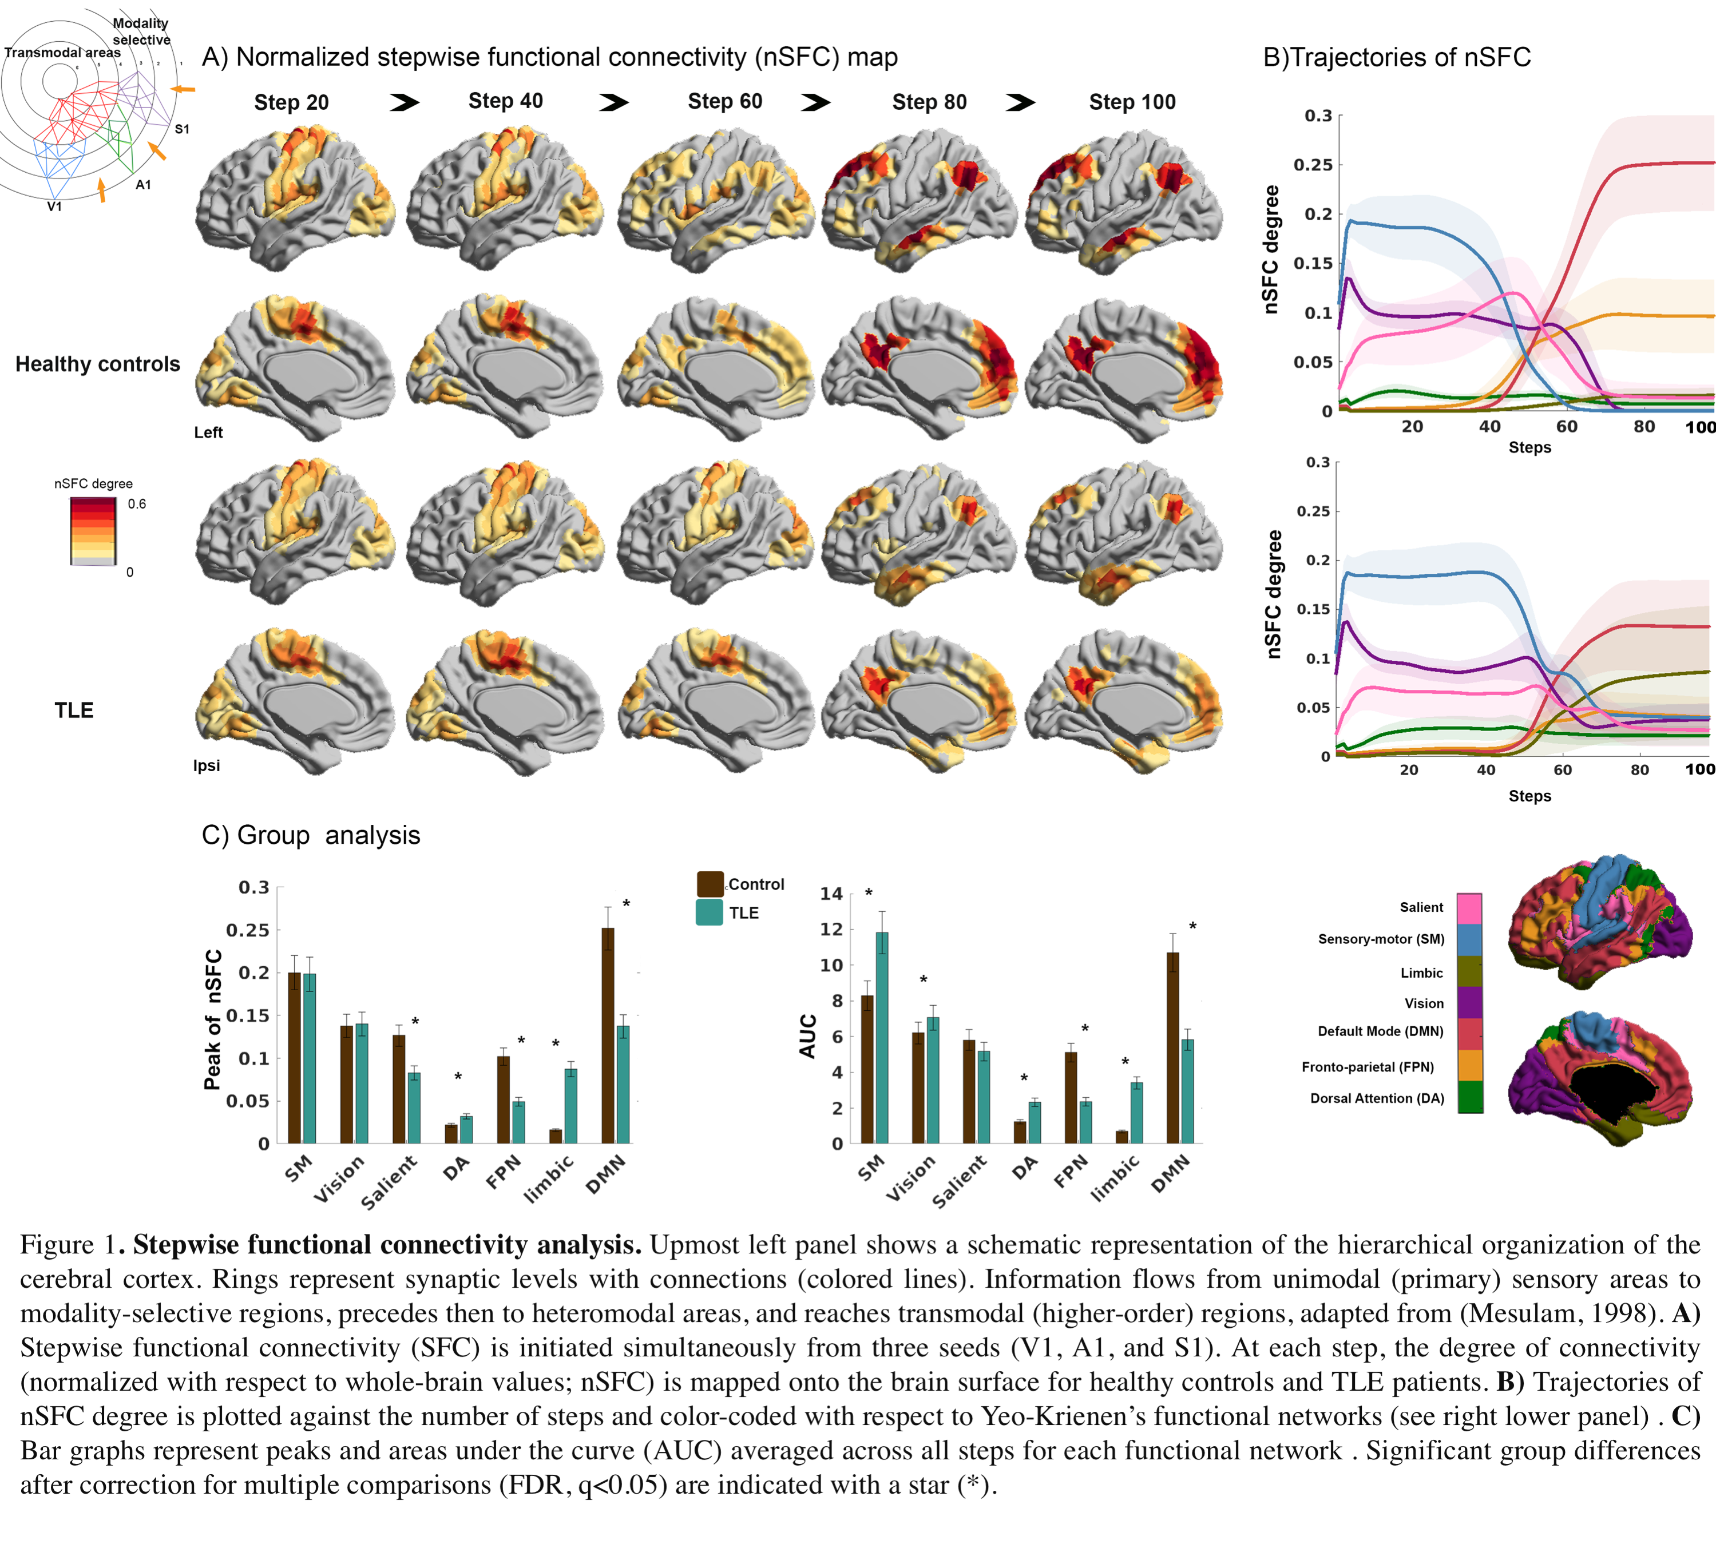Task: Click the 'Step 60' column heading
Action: pyautogui.click(x=724, y=101)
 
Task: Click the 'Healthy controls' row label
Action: pyautogui.click(x=98, y=364)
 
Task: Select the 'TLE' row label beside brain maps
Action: pyautogui.click(x=74, y=710)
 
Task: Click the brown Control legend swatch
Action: pyautogui.click(x=710, y=884)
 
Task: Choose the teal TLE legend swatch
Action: pyautogui.click(x=710, y=912)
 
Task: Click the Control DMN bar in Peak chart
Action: pyautogui.click(x=608, y=1035)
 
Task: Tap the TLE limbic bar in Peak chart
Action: pyautogui.click(x=571, y=1106)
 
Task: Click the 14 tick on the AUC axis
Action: pyautogui.click(x=831, y=894)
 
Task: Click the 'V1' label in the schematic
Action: pyautogui.click(x=54, y=206)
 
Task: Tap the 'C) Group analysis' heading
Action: pyautogui.click(x=311, y=835)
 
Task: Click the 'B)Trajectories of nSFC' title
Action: pyautogui.click(x=1397, y=57)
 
